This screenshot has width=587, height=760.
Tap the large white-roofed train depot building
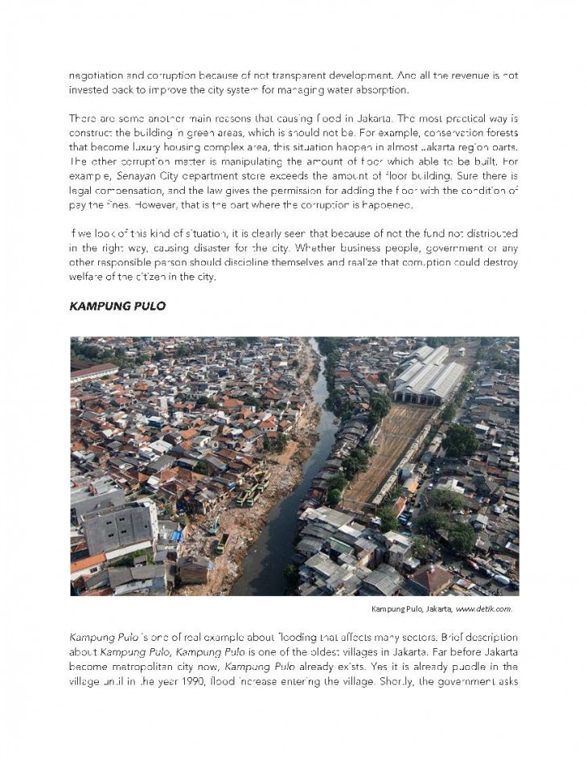click(x=429, y=372)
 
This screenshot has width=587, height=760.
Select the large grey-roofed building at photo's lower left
click(x=118, y=528)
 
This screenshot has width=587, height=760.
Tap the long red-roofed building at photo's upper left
click(x=94, y=372)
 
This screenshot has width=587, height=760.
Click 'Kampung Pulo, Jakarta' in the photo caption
click(x=410, y=609)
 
